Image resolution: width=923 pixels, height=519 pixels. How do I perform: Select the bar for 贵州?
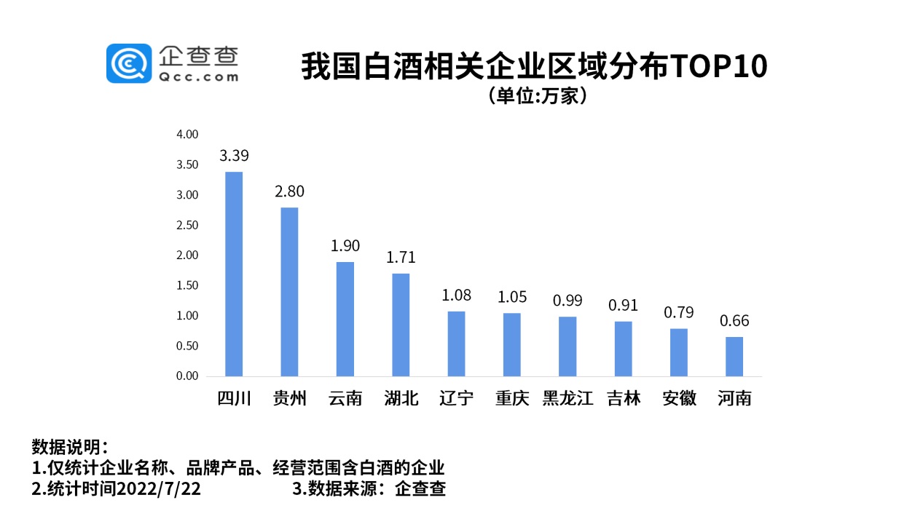point(289,292)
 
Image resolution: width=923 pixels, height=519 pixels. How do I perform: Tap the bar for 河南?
point(734,357)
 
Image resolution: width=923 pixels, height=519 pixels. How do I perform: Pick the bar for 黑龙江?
point(567,346)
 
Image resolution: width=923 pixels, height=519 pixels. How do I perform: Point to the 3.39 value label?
point(234,156)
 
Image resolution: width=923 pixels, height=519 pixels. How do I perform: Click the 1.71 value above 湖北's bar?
point(401,257)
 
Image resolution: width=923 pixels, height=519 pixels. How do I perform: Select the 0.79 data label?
point(678,313)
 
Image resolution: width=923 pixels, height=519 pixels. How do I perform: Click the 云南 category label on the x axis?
point(345,399)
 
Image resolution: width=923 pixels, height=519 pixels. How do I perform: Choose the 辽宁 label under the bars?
point(457,399)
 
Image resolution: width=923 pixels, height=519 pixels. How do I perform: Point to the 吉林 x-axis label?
point(624,399)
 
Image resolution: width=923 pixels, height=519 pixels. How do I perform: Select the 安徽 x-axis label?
point(679,399)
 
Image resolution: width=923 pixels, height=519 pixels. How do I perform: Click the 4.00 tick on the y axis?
point(187,135)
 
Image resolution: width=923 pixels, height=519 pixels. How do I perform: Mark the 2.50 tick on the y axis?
point(187,225)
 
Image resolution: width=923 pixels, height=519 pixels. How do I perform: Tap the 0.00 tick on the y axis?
point(187,376)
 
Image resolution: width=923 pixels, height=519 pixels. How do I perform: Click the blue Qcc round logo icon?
point(129,63)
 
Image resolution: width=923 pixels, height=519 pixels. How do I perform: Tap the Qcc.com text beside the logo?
point(197,76)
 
